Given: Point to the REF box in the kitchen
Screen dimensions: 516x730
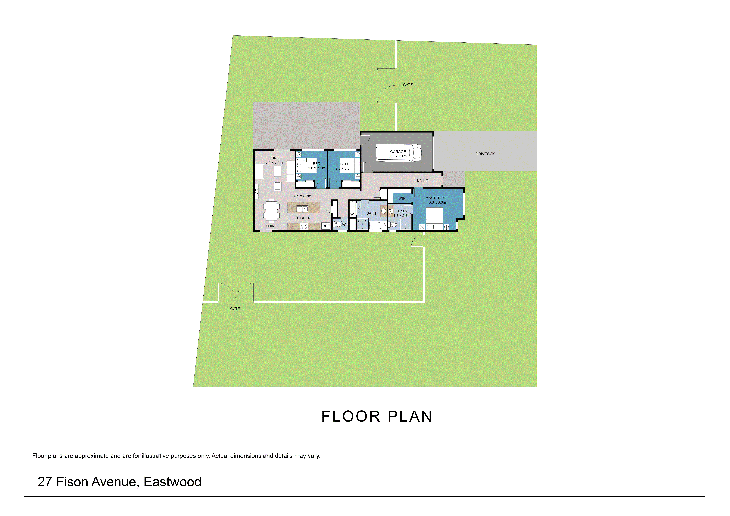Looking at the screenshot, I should (x=326, y=226).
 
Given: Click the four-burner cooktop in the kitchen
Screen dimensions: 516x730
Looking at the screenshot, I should (x=304, y=226).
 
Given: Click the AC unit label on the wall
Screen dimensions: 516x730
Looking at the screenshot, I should (x=257, y=191).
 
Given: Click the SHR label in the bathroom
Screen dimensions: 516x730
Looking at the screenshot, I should (x=362, y=221).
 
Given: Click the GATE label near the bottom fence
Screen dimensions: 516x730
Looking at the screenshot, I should (x=235, y=309).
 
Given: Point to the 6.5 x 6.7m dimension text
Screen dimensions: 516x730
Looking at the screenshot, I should (x=302, y=196).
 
